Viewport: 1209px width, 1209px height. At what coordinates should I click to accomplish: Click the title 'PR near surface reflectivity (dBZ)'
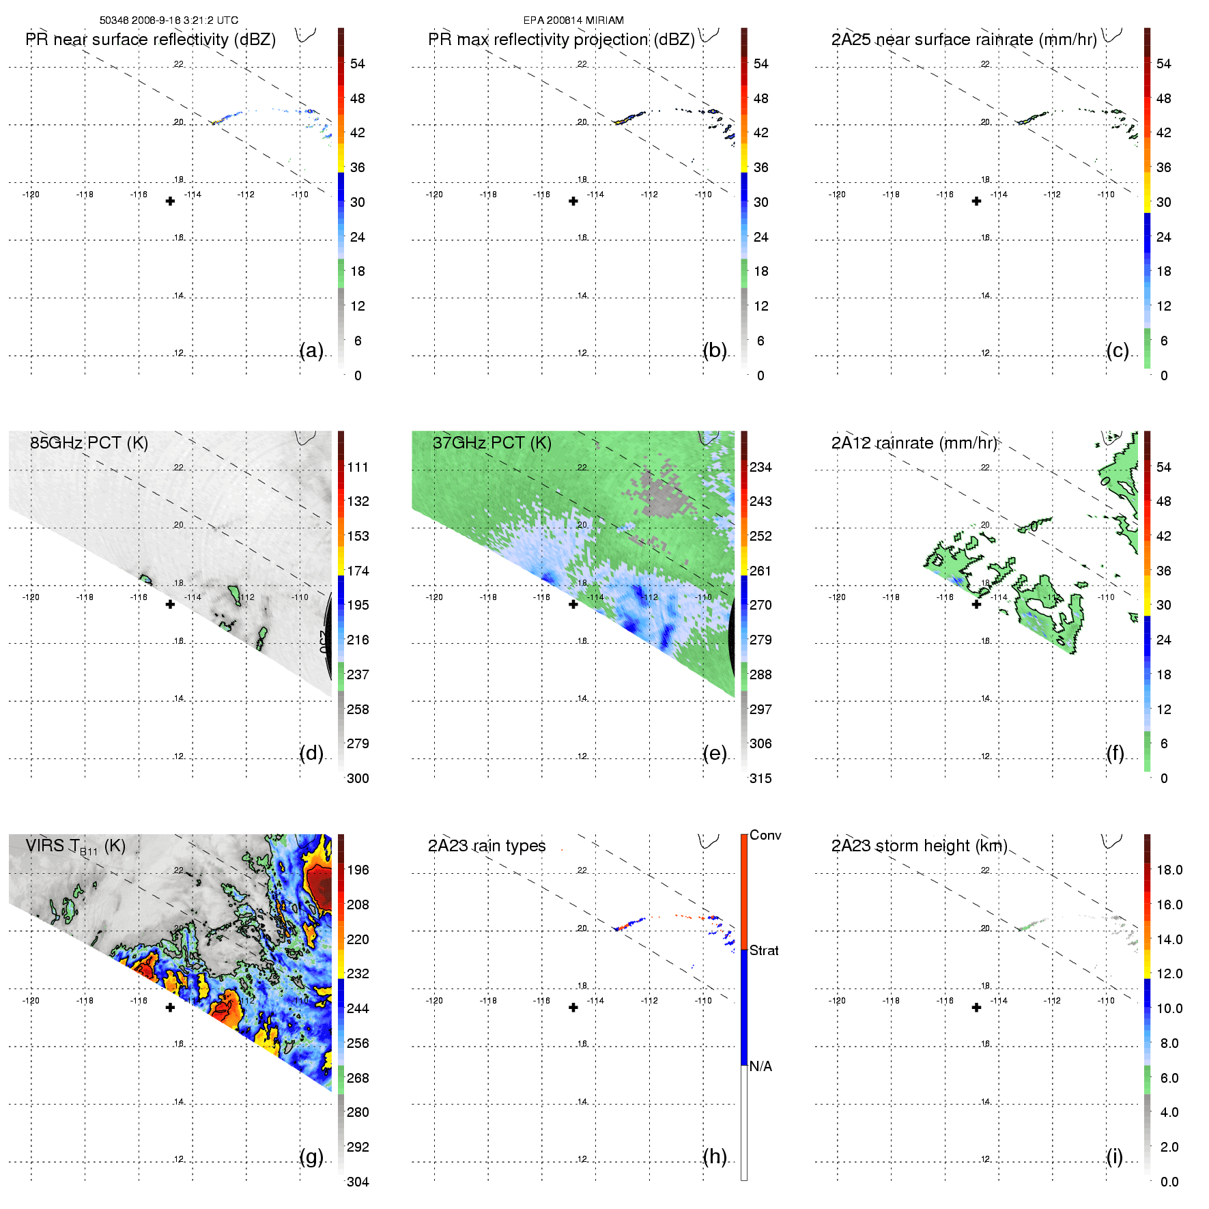point(150,40)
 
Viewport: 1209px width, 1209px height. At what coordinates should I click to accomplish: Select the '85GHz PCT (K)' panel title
point(89,442)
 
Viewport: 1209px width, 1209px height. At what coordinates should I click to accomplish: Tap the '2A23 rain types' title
point(487,846)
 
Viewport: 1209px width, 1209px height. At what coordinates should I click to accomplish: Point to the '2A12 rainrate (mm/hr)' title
point(914,443)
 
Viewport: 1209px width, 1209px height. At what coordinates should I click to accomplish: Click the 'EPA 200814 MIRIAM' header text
point(573,20)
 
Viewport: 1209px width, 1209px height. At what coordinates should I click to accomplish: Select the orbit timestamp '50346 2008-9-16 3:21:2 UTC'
point(169,20)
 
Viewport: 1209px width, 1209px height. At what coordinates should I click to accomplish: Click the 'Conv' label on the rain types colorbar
point(765,835)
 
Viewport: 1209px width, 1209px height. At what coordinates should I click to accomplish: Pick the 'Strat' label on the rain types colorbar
point(764,950)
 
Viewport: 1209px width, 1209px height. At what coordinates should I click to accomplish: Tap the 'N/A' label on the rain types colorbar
point(760,1066)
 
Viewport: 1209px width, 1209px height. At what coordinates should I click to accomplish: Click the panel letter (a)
point(311,350)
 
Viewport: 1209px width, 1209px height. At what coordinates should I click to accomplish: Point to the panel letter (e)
point(715,753)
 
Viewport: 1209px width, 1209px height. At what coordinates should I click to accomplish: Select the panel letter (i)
point(1115,1156)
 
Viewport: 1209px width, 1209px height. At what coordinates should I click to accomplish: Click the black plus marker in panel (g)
point(170,1008)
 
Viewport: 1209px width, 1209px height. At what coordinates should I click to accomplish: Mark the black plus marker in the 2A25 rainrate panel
point(977,201)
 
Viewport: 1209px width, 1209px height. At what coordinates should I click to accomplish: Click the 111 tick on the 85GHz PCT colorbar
point(358,467)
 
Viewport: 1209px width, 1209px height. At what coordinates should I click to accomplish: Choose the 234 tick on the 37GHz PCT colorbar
point(760,467)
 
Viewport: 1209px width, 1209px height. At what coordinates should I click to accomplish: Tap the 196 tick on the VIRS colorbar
point(358,870)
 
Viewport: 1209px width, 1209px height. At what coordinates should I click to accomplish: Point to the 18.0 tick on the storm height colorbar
point(1169,870)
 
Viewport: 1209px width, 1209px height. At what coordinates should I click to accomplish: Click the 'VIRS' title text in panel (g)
point(45,846)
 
